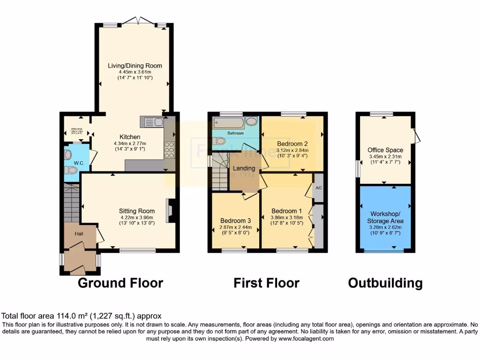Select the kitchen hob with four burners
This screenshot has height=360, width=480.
[169, 148]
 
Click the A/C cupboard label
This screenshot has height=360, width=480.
[319, 187]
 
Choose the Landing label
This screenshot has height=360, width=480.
[244, 168]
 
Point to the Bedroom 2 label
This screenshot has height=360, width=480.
[292, 143]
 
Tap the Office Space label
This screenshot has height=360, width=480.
[385, 150]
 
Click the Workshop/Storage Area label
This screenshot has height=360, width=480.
[385, 217]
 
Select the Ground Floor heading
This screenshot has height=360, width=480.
[120, 283]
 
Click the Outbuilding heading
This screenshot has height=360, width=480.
[385, 283]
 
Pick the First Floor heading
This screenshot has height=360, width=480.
[266, 283]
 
